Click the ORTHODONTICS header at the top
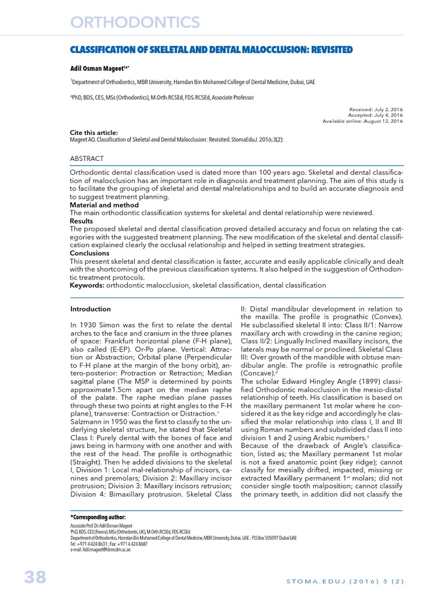135,22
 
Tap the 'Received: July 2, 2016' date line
376,109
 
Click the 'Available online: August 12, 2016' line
362,121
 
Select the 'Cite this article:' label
94,132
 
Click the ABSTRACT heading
87,159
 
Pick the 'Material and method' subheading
104,205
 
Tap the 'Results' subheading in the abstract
81,221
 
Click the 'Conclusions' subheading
89,253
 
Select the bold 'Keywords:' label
87,285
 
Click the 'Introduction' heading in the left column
90,309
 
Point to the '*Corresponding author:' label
98,517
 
